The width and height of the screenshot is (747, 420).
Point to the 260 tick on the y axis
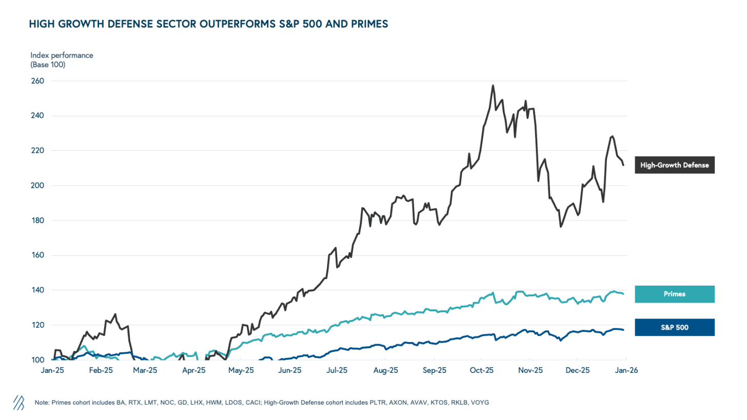click(x=38, y=81)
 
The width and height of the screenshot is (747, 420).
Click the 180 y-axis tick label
click(x=38, y=221)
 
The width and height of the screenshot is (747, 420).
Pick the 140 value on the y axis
click(x=38, y=290)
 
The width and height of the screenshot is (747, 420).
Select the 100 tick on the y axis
click(x=38, y=360)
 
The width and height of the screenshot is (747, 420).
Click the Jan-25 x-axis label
click(x=52, y=370)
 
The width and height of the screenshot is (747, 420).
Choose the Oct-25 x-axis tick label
click(x=482, y=370)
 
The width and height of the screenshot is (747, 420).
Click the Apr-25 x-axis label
click(x=194, y=370)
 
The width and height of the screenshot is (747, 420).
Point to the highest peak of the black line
click(x=493, y=86)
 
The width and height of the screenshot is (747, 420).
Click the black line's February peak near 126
click(x=115, y=314)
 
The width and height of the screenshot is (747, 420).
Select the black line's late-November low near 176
click(x=561, y=226)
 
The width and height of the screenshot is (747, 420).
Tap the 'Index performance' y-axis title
click(x=62, y=55)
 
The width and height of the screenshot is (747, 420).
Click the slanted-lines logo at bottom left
click(x=18, y=403)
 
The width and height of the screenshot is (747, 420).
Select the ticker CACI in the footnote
click(x=261, y=403)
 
